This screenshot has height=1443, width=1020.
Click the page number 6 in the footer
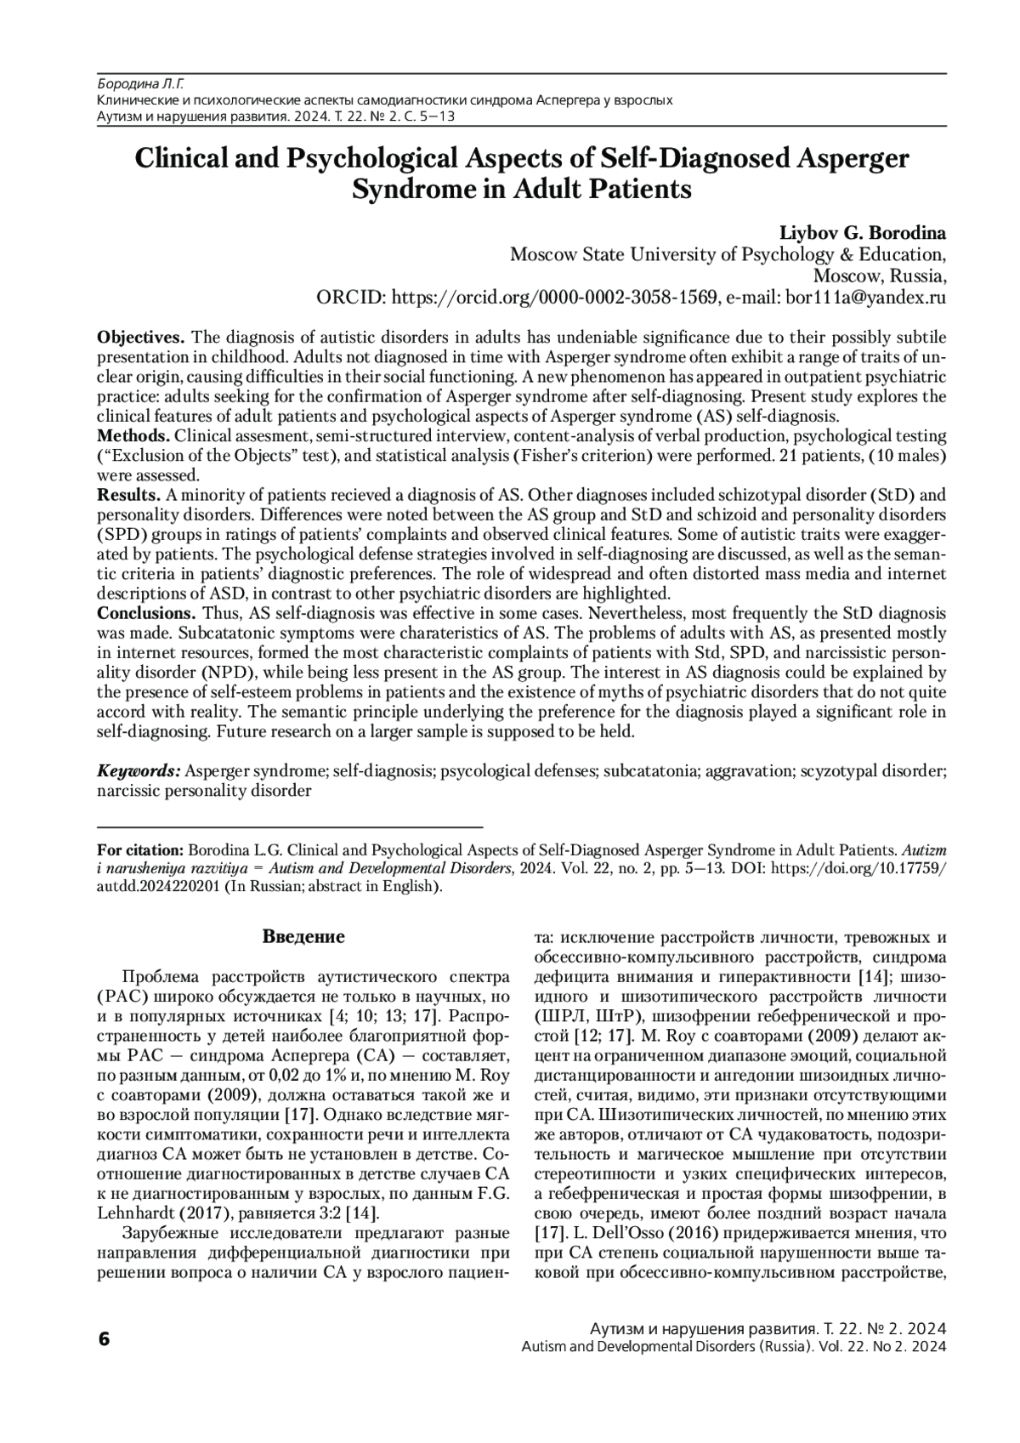(104, 1338)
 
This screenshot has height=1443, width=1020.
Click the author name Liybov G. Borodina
(864, 233)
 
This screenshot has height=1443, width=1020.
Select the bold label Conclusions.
(146, 613)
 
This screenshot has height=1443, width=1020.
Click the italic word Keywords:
(139, 771)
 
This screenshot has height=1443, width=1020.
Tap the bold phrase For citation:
(140, 849)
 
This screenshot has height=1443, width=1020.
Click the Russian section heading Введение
(303, 938)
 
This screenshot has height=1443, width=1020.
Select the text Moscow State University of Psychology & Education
(728, 254)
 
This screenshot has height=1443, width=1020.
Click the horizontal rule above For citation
(290, 827)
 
